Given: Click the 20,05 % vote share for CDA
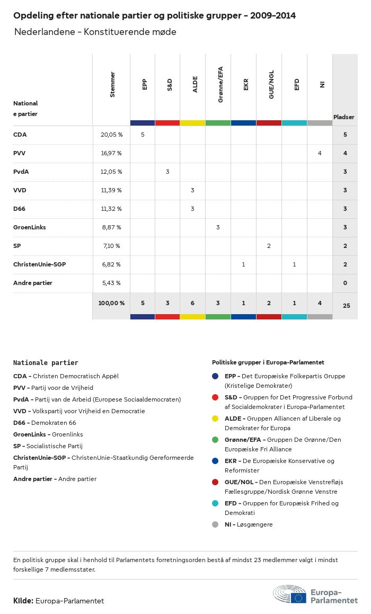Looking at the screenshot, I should click(111, 135).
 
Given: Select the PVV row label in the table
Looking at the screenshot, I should click(19, 153).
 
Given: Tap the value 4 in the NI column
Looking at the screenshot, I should click(320, 153).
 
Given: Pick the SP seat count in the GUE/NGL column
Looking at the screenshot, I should click(269, 246).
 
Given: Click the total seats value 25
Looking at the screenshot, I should click(345, 306).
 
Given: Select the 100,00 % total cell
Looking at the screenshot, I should click(111, 303).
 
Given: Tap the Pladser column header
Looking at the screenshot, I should click(344, 117).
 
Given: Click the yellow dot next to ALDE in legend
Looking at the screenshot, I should click(215, 419).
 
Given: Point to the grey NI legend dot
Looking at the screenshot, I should click(215, 524).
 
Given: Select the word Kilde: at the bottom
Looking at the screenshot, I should click(23, 601).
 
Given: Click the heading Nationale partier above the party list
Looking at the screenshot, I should click(46, 363).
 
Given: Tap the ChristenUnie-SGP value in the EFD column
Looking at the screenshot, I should click(294, 264).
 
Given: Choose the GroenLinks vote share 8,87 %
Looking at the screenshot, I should click(111, 227).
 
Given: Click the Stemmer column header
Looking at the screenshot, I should click(112, 85).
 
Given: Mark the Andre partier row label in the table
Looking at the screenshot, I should click(33, 283).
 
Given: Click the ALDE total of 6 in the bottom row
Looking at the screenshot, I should click(192, 303).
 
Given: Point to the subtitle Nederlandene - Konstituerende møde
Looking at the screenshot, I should click(95, 32).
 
